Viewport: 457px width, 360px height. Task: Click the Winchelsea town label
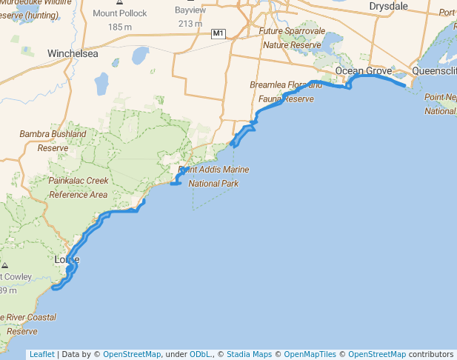73,54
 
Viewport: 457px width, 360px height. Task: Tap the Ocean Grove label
363,71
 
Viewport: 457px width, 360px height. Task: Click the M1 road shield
218,34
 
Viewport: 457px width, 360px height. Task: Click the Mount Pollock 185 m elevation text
120,27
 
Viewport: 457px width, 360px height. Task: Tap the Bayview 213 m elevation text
190,24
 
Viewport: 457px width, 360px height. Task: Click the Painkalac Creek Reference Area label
79,187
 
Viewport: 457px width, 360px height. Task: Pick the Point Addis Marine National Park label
213,176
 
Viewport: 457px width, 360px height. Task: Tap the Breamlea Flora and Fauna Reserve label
287,92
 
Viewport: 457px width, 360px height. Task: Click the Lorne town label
67,260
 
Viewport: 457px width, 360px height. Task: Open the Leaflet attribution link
42,354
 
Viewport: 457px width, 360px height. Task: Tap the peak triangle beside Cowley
5,264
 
